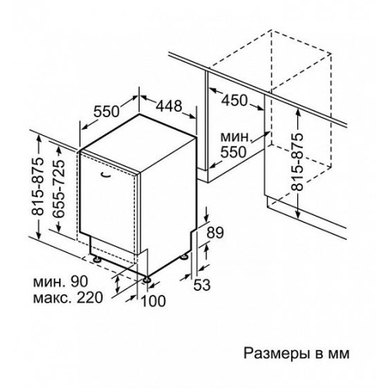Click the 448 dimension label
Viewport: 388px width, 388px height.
pyautogui.click(x=169, y=106)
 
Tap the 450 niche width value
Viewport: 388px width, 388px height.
pyautogui.click(x=234, y=100)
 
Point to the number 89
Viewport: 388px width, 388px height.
pyautogui.click(x=215, y=233)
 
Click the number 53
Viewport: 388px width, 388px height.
pyautogui.click(x=202, y=285)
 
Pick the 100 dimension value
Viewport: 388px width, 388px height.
pyautogui.click(x=153, y=301)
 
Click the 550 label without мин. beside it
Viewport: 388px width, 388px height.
pyautogui.click(x=106, y=112)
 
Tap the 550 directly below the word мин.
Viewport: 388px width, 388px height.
pyautogui.click(x=233, y=152)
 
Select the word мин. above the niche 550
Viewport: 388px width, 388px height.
pyautogui.click(x=236, y=137)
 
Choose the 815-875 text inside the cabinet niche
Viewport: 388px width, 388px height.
pyautogui.click(x=296, y=162)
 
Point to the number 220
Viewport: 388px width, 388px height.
pyautogui.click(x=90, y=297)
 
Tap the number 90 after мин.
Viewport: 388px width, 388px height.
pyautogui.click(x=79, y=282)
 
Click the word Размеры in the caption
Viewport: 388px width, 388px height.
pyautogui.click(x=276, y=354)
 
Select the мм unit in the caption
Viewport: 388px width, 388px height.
pyautogui.click(x=339, y=355)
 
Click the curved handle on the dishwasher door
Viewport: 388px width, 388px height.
pyautogui.click(x=106, y=175)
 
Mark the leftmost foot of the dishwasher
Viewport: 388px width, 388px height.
pyautogui.click(x=97, y=259)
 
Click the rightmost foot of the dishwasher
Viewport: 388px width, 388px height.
pyautogui.click(x=184, y=256)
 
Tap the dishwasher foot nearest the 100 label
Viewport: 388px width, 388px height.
pyautogui.click(x=147, y=279)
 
